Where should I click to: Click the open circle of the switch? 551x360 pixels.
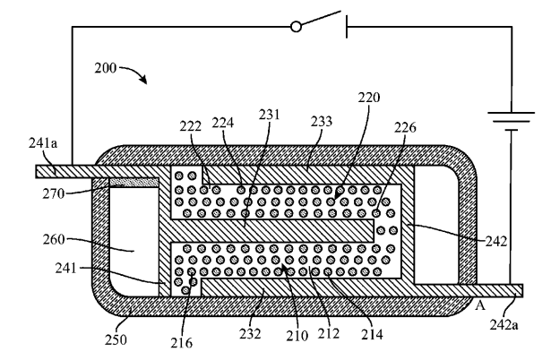click(297, 27)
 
